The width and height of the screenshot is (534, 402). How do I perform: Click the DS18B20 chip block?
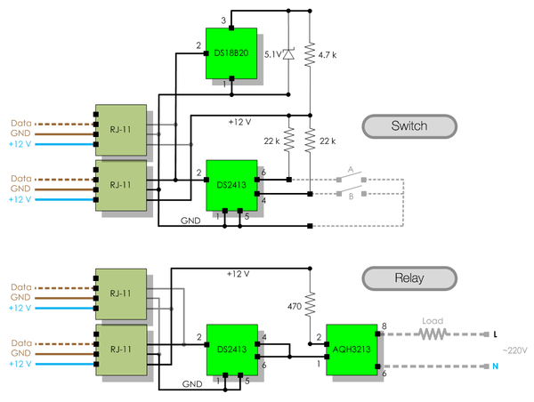[x=231, y=54]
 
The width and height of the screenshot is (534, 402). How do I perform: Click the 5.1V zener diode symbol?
[x=288, y=53]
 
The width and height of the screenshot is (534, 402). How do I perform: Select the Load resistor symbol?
[x=433, y=334]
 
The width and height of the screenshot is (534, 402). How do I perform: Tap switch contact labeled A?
[x=350, y=170]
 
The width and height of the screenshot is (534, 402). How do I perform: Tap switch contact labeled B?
[x=350, y=197]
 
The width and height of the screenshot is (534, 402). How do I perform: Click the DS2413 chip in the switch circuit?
[x=231, y=185]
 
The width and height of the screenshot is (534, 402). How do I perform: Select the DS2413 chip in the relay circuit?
[x=231, y=349]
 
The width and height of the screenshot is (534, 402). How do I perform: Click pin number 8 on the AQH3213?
[x=384, y=327]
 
